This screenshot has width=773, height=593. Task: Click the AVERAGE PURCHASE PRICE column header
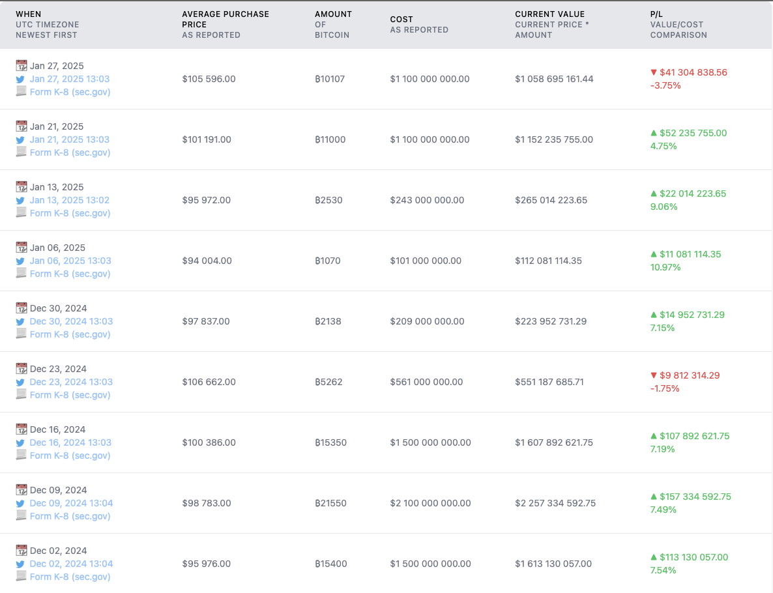tap(226, 19)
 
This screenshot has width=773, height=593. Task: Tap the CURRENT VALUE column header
tap(549, 14)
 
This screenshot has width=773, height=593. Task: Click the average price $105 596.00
tap(209, 79)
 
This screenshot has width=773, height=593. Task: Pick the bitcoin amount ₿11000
tap(330, 139)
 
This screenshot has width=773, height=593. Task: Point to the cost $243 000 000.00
tap(427, 200)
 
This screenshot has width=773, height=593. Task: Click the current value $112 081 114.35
tap(548, 261)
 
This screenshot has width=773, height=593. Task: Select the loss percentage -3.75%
tap(665, 85)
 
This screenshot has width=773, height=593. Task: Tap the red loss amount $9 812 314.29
tap(692, 375)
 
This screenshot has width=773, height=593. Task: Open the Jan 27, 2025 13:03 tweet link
tap(70, 79)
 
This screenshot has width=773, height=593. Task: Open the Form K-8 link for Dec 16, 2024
tap(70, 456)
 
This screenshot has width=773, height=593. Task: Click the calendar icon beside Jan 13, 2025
tap(22, 187)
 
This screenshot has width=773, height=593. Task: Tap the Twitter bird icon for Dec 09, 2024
tap(21, 504)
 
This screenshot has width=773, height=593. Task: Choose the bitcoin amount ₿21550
tap(330, 503)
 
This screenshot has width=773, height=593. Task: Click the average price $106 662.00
tap(209, 382)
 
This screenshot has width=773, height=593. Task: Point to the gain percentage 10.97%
tap(665, 267)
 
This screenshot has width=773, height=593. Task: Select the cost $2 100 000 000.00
tap(430, 503)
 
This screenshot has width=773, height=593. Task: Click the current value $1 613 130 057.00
tap(553, 564)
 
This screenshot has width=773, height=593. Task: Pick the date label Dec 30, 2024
tap(58, 308)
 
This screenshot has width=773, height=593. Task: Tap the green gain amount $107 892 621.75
tap(694, 436)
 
